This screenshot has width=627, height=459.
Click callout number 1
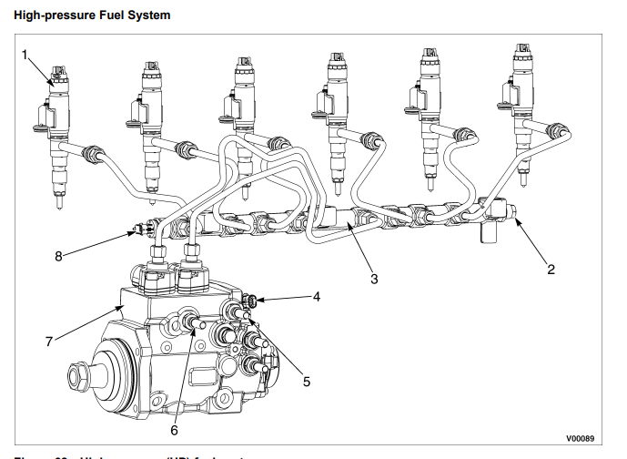coord(26,55)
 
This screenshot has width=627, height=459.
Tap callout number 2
coord(551,270)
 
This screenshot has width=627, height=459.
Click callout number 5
coord(307,381)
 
